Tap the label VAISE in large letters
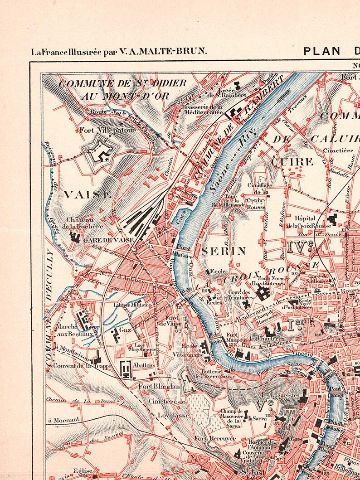[88, 195]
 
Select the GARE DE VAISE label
[108, 240]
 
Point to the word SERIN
[224, 251]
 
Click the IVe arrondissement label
[301, 246]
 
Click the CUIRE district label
[292, 161]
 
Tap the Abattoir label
[144, 366]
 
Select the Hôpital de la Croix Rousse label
[312, 222]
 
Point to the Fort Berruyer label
[210, 438]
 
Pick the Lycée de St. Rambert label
[226, 92]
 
